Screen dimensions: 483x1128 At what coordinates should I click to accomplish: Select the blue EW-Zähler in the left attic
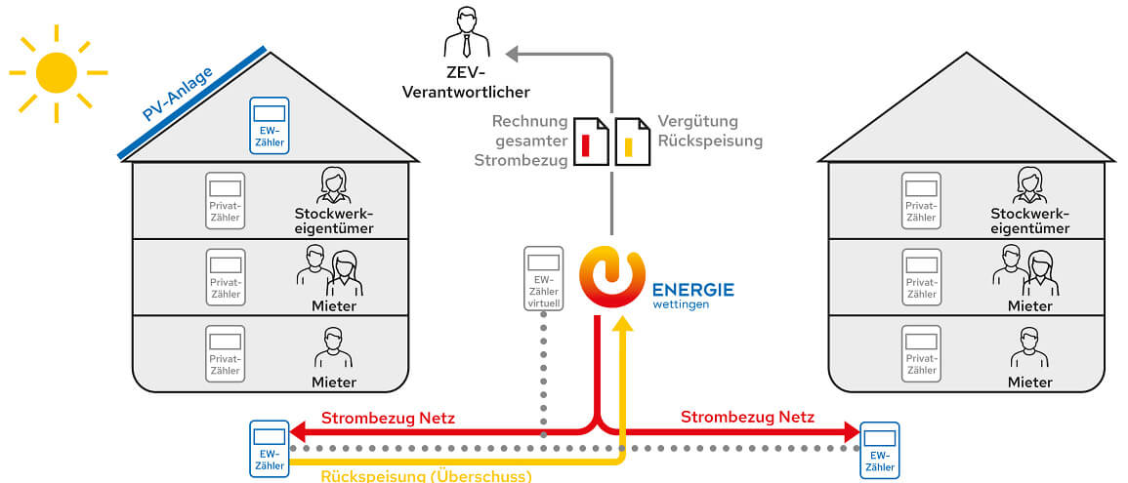(269, 124)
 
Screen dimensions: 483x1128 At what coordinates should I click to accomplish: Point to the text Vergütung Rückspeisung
(709, 131)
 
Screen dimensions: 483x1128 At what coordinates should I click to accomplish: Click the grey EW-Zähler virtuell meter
(544, 279)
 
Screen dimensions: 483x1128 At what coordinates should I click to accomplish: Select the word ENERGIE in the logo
(693, 289)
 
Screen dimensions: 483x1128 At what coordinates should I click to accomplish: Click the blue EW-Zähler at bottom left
(269, 448)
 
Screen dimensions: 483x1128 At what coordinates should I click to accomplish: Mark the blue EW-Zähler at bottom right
(879, 450)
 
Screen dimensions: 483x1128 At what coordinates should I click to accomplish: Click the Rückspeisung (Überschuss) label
(426, 475)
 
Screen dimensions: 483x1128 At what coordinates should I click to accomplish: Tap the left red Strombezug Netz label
(388, 418)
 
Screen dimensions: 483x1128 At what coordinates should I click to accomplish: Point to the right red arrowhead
(849, 431)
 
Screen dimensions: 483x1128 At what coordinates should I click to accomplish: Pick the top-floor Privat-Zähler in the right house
(921, 200)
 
